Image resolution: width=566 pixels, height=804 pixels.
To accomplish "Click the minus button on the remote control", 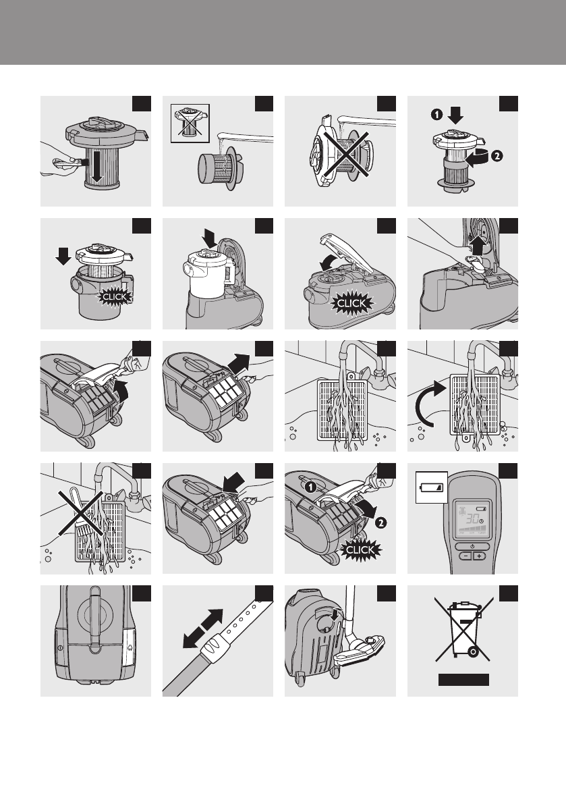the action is (x=465, y=556).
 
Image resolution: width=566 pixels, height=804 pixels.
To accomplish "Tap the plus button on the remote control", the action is (x=479, y=556).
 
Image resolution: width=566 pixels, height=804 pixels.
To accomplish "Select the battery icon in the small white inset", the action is (x=431, y=487).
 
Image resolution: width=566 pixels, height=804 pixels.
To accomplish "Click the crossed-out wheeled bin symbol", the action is (x=463, y=629).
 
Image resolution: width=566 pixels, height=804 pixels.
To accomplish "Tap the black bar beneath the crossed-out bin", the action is (x=463, y=679).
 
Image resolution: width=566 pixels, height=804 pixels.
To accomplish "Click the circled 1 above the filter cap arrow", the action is (x=436, y=114).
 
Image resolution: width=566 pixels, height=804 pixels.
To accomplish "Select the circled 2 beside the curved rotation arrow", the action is (x=496, y=156).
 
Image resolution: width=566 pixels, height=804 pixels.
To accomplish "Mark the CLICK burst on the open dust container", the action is (x=115, y=296).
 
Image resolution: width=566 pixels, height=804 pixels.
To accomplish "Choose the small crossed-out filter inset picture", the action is (x=190, y=123).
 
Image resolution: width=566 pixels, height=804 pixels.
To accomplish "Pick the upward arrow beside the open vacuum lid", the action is (x=478, y=244).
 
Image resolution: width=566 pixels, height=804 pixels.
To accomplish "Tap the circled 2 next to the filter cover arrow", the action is (x=380, y=523).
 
